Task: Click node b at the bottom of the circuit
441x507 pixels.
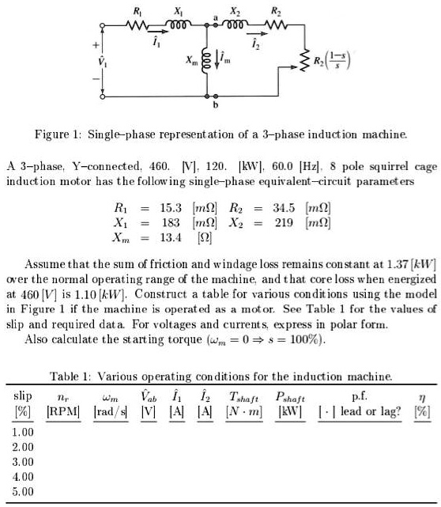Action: [x=215, y=104]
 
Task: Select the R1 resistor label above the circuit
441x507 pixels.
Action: [x=140, y=10]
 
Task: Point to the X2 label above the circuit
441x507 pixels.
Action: [x=236, y=10]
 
